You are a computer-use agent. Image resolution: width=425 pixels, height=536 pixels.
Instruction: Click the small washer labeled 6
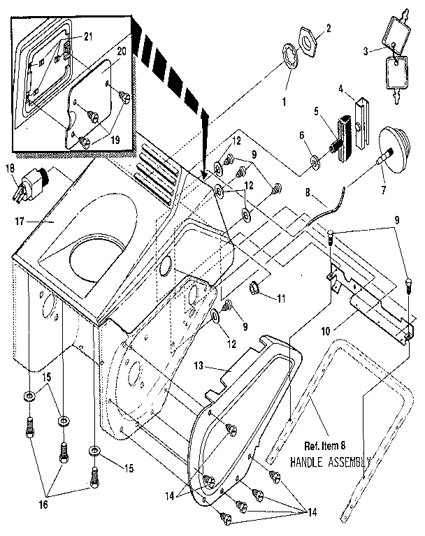coord(316,163)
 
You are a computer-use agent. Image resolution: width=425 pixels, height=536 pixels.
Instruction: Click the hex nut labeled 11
coord(257,287)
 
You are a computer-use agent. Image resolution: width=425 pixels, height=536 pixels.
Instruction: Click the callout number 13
coord(199,366)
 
